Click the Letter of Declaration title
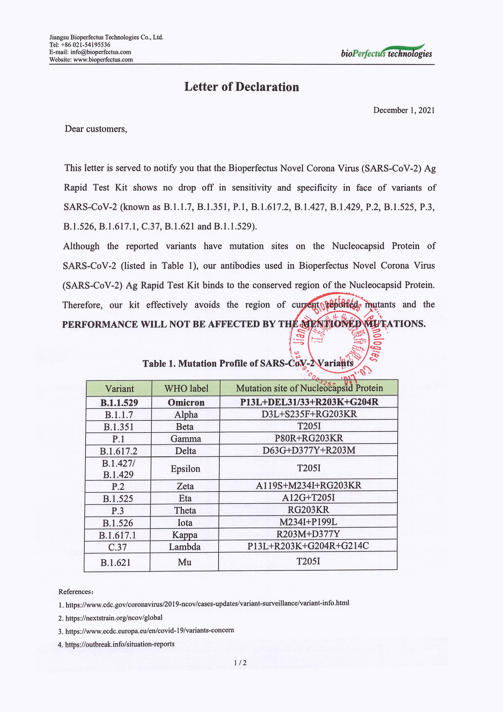tap(241, 87)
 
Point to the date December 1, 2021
tap(404, 110)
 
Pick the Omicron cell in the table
tap(186, 402)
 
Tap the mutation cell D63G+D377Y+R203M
tap(309, 450)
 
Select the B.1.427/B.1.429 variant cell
tap(118, 469)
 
